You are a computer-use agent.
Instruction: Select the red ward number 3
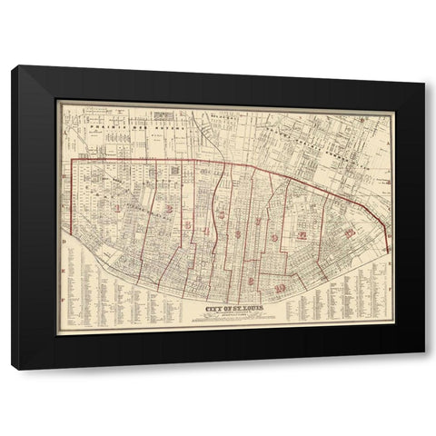[187, 224]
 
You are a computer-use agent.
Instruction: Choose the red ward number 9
[274, 238]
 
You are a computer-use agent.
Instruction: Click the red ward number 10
[281, 289]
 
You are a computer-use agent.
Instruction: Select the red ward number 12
[350, 233]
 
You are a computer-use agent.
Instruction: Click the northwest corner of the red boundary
[73, 160]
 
